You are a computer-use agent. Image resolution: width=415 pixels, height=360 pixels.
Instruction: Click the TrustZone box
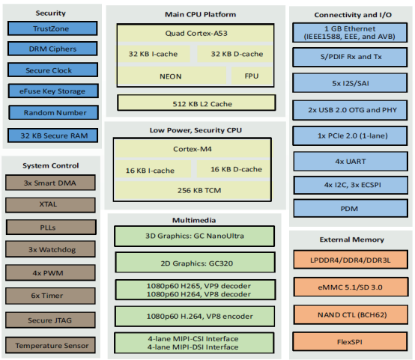click(52, 28)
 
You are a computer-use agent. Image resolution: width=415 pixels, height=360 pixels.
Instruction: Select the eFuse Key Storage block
click(53, 91)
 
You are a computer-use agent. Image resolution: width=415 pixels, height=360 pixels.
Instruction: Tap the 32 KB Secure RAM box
click(52, 135)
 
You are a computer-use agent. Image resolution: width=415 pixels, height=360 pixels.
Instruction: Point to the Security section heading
click(50, 13)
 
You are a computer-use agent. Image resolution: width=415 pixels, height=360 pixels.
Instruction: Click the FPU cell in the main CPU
click(252, 76)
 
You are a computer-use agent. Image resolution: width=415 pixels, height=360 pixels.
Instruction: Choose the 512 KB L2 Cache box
click(196, 103)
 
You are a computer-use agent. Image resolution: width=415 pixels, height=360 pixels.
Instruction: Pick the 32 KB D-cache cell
click(234, 54)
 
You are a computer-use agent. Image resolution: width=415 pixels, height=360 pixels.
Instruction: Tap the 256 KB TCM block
click(193, 190)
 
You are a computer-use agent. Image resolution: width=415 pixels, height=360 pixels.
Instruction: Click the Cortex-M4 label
click(193, 149)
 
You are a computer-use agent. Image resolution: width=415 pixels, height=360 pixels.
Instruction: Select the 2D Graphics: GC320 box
click(195, 263)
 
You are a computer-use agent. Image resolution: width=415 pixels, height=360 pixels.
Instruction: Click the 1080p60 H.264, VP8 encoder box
click(195, 317)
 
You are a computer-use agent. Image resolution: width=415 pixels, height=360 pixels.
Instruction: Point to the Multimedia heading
click(194, 220)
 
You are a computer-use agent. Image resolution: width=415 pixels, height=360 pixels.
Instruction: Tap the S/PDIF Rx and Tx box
click(350, 57)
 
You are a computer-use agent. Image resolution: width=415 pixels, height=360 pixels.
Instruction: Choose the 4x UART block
click(351, 162)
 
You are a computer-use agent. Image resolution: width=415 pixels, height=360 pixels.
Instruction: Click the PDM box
click(351, 208)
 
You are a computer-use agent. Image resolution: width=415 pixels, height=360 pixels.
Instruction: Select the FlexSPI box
click(350, 342)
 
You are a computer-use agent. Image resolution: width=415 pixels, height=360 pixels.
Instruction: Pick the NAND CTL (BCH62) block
click(351, 315)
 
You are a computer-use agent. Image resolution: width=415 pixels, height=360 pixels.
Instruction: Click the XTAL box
click(50, 205)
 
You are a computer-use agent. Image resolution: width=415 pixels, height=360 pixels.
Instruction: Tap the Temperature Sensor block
click(50, 345)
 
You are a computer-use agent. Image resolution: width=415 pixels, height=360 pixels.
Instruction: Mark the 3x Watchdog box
click(50, 249)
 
